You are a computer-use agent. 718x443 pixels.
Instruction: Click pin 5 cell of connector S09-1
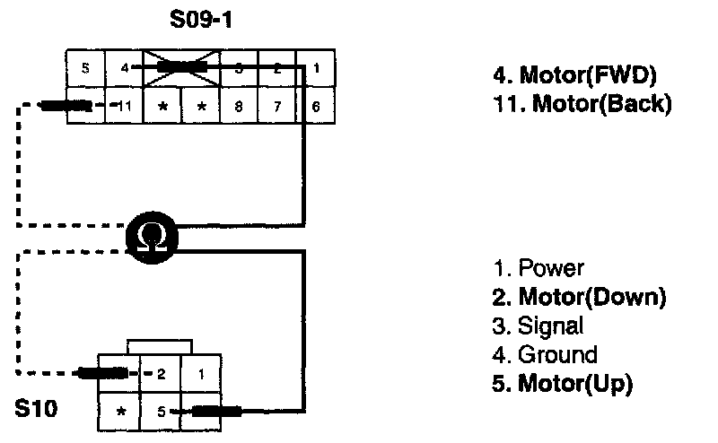click(x=86, y=67)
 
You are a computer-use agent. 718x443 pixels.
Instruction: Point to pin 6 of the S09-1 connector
click(x=315, y=106)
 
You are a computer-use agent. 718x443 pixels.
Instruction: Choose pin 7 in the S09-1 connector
click(x=277, y=106)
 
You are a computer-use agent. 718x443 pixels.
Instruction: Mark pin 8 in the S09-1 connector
click(x=239, y=106)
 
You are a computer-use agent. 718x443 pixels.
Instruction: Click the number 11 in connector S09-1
click(x=125, y=106)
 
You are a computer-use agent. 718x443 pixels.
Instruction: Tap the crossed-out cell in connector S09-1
click(x=181, y=67)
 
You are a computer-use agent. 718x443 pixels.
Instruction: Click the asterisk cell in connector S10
click(x=120, y=413)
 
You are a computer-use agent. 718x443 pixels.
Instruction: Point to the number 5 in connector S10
click(x=162, y=413)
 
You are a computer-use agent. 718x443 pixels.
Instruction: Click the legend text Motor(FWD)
click(x=589, y=76)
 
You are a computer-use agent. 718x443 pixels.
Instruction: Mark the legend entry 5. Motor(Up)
click(x=563, y=384)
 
